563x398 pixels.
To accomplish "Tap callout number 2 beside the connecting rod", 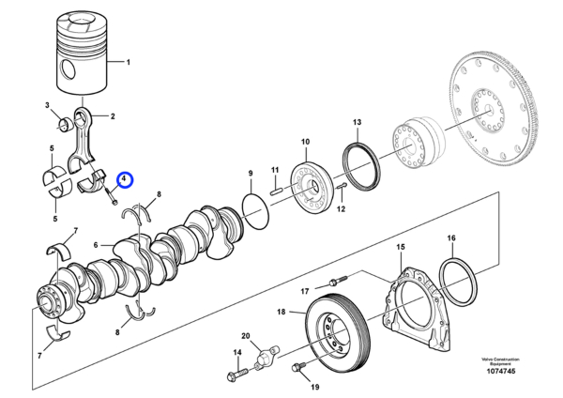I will click(113, 116).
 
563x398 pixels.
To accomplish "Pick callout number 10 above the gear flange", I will click(304, 142).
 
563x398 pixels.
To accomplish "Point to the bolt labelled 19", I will click(300, 367).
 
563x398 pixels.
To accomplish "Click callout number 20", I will click(246, 335).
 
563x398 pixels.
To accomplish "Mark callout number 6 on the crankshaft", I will click(96, 245).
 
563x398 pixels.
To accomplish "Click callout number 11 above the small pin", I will click(276, 170).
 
